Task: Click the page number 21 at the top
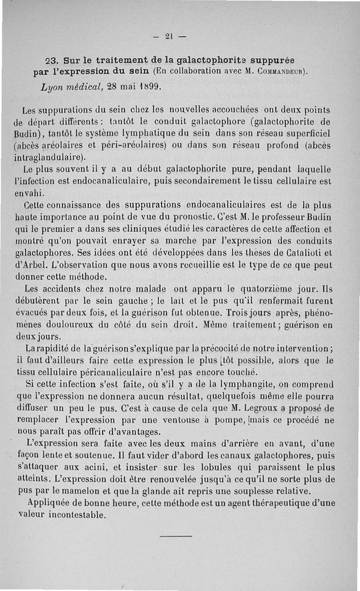169,36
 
